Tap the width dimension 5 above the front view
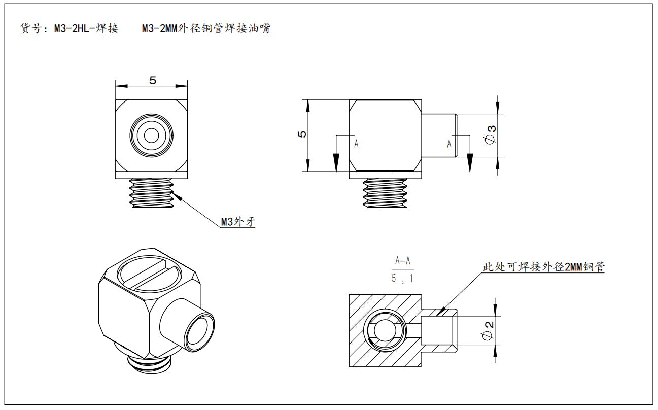(152, 80)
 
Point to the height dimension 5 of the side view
(303, 135)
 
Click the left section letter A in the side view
(356, 144)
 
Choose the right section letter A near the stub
(449, 144)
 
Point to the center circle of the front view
(151, 135)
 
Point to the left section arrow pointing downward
(336, 161)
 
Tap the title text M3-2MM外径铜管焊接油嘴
(206, 29)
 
